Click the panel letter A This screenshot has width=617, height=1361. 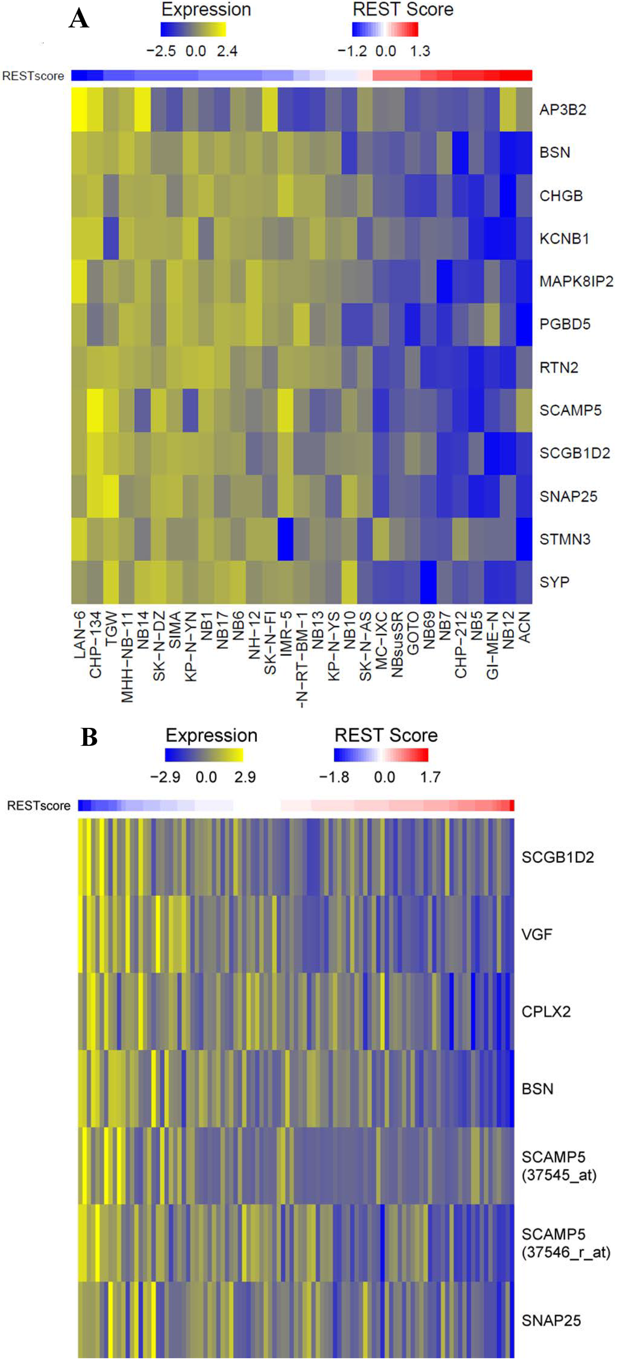click(79, 19)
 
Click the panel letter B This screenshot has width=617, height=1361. click(89, 737)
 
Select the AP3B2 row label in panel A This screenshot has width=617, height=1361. click(562, 110)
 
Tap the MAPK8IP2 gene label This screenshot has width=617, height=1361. click(575, 282)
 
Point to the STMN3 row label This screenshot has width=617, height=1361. click(565, 539)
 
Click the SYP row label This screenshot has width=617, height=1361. click(554, 582)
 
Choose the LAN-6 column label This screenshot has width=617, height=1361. click(80, 634)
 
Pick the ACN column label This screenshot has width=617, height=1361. click(524, 627)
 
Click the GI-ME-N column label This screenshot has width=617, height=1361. click(492, 645)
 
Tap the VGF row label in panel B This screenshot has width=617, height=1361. click(536, 935)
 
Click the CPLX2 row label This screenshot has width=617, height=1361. click(546, 1012)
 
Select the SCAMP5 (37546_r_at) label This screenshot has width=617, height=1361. click(565, 1243)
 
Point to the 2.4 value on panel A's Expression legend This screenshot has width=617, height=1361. click(227, 51)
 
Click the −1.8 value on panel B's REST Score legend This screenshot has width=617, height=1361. click(334, 777)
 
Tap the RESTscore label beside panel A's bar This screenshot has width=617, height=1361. click(33, 76)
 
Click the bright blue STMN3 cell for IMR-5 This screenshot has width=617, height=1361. click(286, 539)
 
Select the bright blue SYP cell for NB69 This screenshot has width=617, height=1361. click(428, 582)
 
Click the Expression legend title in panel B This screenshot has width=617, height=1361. click(211, 736)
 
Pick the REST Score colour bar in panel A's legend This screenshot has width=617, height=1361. click(385, 30)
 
